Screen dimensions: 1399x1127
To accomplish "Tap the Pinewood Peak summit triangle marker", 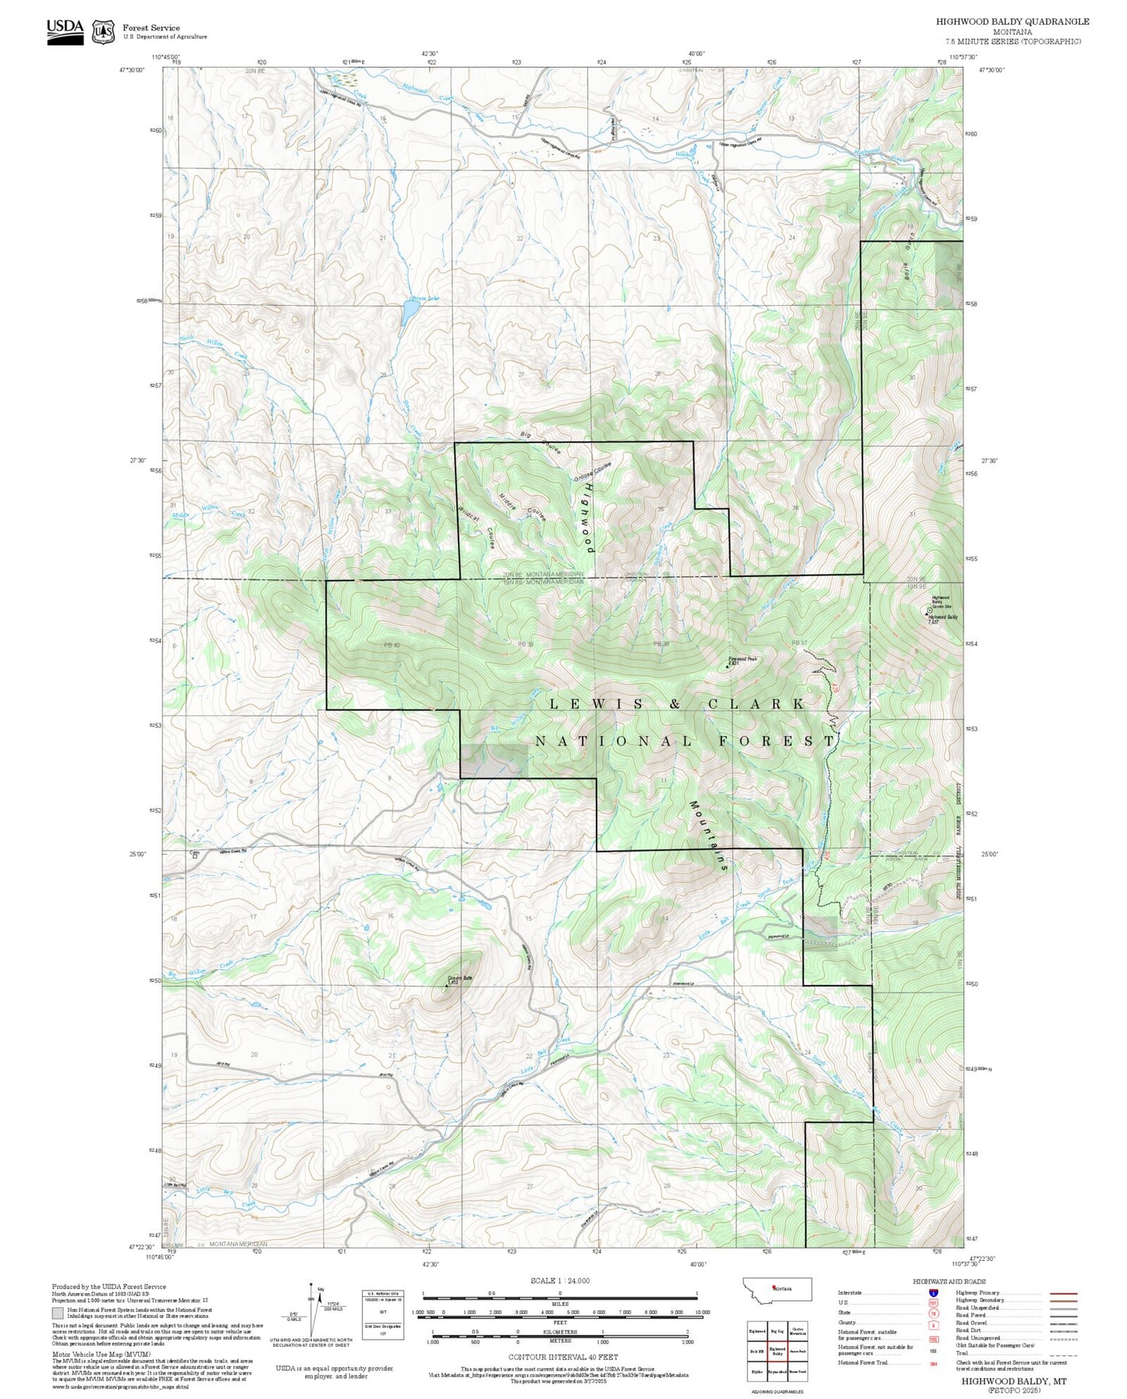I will click(728, 667).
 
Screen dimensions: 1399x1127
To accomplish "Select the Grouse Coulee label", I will click(593, 472).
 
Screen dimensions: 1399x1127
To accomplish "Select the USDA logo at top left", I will click(65, 31).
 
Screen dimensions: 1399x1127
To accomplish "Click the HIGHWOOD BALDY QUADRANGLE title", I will click(1012, 22).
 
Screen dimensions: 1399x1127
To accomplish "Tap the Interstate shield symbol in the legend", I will click(933, 1292).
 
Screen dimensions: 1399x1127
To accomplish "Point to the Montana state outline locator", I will click(779, 1288).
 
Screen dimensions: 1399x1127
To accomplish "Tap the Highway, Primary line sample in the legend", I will click(1064, 1293).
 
